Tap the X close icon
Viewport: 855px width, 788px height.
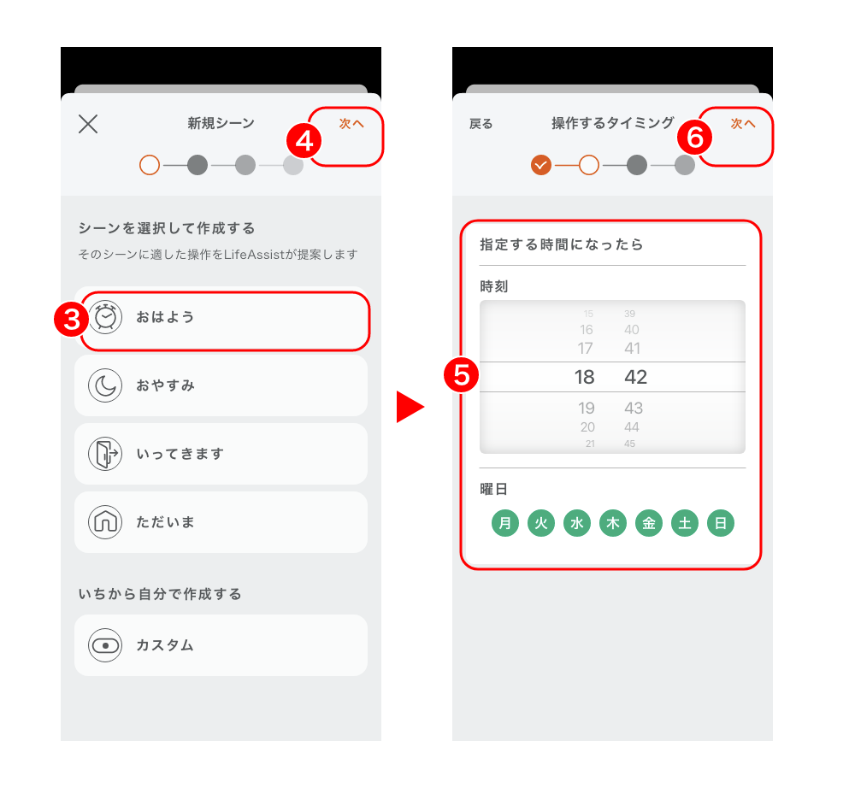(x=88, y=124)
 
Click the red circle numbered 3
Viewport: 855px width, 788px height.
(x=72, y=319)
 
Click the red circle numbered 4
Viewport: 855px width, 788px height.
(x=304, y=141)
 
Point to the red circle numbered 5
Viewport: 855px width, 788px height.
(x=462, y=375)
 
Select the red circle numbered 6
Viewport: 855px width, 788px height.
(x=694, y=137)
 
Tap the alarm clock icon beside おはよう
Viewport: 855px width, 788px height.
(x=105, y=316)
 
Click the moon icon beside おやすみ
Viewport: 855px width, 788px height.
(x=105, y=385)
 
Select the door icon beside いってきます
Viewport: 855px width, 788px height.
(x=105, y=454)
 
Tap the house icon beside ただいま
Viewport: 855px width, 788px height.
(x=105, y=521)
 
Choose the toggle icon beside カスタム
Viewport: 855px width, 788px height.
(x=105, y=645)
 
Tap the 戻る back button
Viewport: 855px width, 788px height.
(x=481, y=124)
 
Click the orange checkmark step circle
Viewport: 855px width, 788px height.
(x=541, y=165)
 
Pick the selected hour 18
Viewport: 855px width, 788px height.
(x=584, y=377)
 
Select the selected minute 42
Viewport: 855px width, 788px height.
(x=636, y=377)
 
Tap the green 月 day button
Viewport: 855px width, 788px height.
(x=505, y=523)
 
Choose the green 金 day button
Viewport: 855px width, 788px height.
(x=649, y=523)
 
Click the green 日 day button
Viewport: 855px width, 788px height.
(x=721, y=523)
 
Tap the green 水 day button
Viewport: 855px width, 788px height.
(x=577, y=523)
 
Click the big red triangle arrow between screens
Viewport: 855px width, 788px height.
(x=408, y=407)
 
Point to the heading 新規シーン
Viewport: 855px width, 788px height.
(x=221, y=123)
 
